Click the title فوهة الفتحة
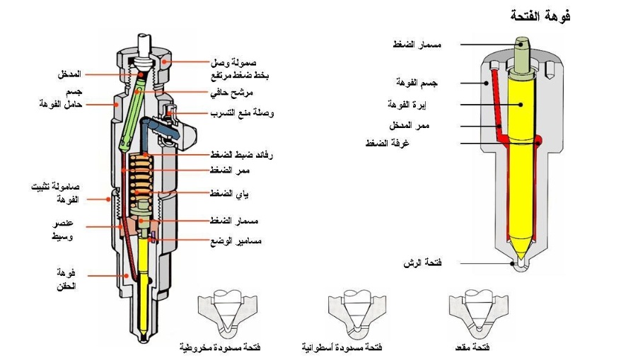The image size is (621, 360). tap(540, 16)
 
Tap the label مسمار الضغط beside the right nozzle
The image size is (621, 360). tap(417, 45)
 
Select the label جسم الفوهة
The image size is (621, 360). tap(419, 83)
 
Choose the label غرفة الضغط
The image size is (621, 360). tap(421, 144)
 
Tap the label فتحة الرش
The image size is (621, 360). tap(423, 262)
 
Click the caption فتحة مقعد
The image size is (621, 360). tap(473, 348)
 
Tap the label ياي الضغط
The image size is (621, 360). tap(226, 193)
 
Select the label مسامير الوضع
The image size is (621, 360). tap(236, 240)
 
